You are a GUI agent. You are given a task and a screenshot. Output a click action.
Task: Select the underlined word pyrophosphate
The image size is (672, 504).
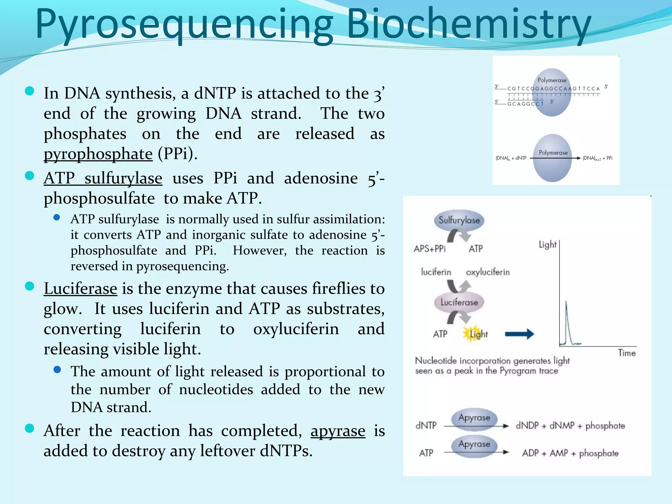click(98, 154)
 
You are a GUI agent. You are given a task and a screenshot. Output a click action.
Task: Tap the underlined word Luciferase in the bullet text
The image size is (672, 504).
click(80, 289)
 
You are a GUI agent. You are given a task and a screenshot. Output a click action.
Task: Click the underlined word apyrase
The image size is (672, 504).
click(338, 431)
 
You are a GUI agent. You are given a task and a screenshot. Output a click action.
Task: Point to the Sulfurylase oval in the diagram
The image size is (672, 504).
click(459, 220)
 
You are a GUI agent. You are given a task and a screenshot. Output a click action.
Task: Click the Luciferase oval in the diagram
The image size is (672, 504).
click(459, 302)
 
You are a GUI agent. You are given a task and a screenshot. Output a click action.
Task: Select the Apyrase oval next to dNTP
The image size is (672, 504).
click(474, 418)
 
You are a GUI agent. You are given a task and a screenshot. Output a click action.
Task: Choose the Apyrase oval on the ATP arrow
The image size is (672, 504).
click(474, 444)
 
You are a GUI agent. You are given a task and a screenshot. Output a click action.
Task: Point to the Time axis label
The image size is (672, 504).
click(627, 353)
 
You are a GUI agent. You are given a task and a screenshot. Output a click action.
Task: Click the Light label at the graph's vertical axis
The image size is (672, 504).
click(547, 244)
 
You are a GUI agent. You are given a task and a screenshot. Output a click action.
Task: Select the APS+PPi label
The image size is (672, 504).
click(430, 249)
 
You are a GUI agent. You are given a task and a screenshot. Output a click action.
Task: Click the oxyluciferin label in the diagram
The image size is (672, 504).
click(488, 272)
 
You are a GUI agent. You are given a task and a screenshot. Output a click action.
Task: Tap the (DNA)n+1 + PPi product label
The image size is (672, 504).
click(597, 158)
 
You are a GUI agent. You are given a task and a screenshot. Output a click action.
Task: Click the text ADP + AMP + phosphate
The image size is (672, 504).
click(570, 453)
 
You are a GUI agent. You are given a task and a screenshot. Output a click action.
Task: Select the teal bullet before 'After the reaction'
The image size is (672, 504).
click(30, 429)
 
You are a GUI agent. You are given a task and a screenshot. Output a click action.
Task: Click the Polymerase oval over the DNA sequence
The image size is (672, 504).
click(552, 92)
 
